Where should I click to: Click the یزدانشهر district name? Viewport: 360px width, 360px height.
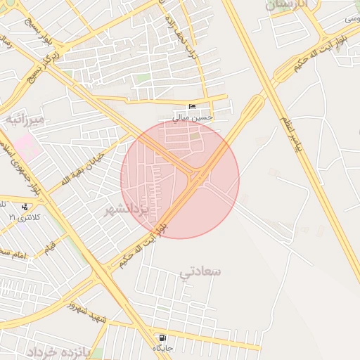coord(129,209)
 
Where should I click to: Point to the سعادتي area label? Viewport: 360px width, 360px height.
coord(201,270)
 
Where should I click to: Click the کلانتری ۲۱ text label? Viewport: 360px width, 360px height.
coord(25,217)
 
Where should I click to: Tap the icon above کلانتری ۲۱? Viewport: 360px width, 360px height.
coord(25,207)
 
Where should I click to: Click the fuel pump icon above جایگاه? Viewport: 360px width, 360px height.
coord(163,338)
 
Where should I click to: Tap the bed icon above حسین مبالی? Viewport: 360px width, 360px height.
coord(193,106)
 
